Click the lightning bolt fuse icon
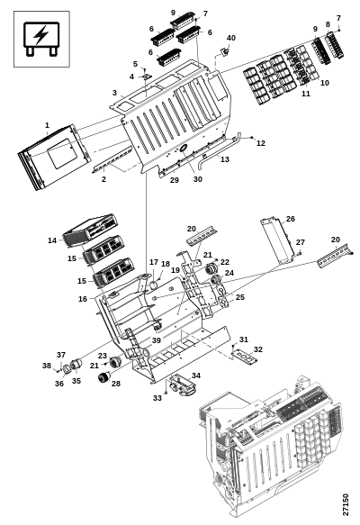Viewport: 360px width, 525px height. coord(41,39)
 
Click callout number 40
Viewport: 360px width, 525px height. coord(231,38)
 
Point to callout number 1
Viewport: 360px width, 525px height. coord(47,125)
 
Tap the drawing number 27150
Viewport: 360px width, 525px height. coord(346,504)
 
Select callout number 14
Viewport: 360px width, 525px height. coord(52,240)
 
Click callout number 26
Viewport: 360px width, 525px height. coord(291,219)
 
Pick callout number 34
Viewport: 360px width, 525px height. coord(196,376)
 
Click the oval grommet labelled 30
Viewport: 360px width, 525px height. coord(184,148)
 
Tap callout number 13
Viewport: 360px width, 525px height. coord(225,159)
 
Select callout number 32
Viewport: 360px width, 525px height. coord(258,349)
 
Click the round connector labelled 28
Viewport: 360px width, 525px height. coord(104,377)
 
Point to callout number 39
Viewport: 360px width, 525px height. coord(157,340)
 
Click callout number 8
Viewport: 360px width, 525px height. coord(328,24)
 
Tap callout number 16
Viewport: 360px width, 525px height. coord(83,299)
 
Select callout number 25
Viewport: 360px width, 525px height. coord(240,297)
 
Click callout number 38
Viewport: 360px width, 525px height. coord(47,366)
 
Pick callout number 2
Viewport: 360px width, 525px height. coord(103,179)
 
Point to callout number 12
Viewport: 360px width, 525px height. coord(261,143)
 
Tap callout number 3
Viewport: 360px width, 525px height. coord(114,93)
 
